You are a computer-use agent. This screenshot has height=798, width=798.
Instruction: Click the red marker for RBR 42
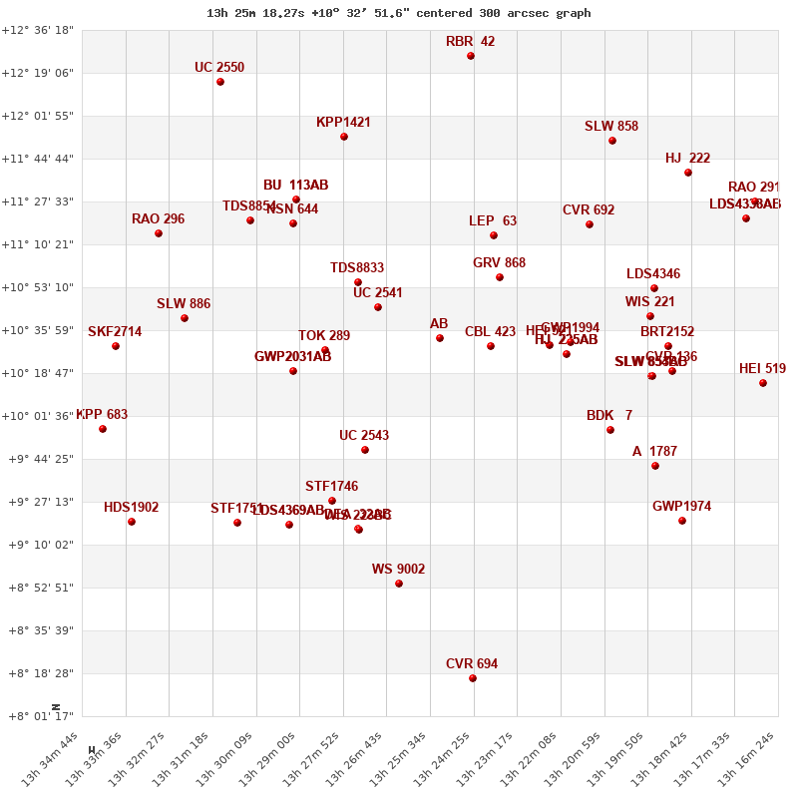(x=471, y=56)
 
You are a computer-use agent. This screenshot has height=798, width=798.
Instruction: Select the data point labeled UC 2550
(x=220, y=82)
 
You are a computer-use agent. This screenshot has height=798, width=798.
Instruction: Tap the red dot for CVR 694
(x=473, y=678)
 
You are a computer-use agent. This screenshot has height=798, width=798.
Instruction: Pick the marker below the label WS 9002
(x=399, y=584)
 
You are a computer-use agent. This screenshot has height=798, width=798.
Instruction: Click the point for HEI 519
(x=763, y=383)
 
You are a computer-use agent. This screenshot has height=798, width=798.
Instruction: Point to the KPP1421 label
(x=343, y=123)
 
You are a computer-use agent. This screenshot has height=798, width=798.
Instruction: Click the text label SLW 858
(x=611, y=127)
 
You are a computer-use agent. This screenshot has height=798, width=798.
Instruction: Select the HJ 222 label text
(x=687, y=159)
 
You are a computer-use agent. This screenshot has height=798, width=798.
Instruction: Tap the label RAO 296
(x=158, y=219)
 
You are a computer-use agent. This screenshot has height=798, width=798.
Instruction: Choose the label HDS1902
(x=131, y=508)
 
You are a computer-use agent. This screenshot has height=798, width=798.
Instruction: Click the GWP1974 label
(x=681, y=507)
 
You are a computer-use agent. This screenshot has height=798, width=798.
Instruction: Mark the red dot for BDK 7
(x=610, y=430)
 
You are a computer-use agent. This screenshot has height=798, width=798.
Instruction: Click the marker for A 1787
(x=655, y=466)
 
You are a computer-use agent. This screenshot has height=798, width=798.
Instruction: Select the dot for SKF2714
(x=116, y=346)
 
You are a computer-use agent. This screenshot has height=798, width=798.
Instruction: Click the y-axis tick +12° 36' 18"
(x=37, y=30)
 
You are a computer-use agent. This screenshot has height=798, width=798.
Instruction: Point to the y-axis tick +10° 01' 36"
(x=37, y=416)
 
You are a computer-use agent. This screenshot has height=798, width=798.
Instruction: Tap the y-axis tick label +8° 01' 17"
(x=37, y=716)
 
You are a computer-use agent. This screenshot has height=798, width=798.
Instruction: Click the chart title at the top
(x=398, y=13)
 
